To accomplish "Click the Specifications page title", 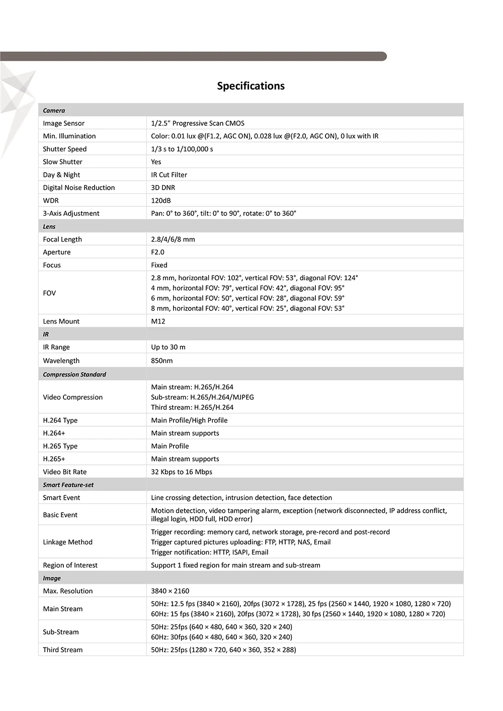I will (250, 86).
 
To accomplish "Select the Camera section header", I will (54, 111).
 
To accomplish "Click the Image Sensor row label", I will (63, 123).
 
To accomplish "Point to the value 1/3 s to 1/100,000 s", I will (182, 149).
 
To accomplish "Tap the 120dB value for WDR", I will (161, 200).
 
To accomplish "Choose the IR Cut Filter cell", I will (169, 175).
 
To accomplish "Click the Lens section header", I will (49, 226).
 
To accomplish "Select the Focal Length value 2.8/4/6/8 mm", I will (173, 240).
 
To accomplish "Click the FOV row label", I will (49, 293).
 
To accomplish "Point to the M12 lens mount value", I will (158, 321).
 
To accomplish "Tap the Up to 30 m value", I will (168, 347).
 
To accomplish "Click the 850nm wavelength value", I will (162, 361).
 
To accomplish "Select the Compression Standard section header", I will (74, 374).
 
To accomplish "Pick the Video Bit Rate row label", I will (65, 472).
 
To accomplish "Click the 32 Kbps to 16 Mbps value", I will (182, 472).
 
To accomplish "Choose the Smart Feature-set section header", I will (68, 485).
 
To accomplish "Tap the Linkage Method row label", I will (68, 542).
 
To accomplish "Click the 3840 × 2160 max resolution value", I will (170, 591).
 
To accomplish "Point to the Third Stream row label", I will (63, 650).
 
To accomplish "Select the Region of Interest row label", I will (70, 565).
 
